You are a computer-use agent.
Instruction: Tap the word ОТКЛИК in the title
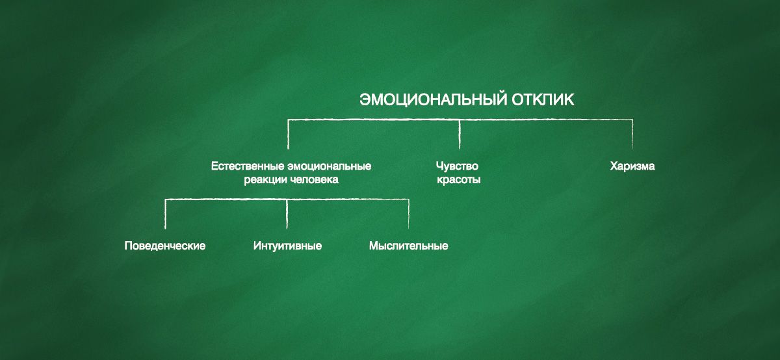(x=543, y=99)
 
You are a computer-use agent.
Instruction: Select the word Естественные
(x=248, y=166)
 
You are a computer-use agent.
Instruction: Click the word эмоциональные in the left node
(x=330, y=166)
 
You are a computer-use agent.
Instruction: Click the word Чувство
(x=457, y=166)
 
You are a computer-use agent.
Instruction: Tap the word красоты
(x=459, y=180)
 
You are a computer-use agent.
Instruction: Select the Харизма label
(x=632, y=166)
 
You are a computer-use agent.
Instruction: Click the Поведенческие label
(x=165, y=246)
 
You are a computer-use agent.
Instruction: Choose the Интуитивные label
(x=287, y=246)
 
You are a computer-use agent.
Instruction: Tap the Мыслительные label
(x=408, y=246)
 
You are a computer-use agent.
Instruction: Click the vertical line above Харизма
(x=632, y=135)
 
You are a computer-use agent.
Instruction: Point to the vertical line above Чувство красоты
(x=460, y=135)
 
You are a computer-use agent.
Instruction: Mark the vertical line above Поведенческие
(x=165, y=214)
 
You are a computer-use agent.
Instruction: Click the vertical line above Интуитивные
(x=287, y=214)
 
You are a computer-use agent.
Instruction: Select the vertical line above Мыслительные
(x=408, y=214)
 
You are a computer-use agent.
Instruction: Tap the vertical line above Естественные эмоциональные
(x=288, y=135)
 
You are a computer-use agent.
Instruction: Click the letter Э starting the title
(x=365, y=99)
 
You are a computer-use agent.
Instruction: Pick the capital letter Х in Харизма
(x=614, y=166)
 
